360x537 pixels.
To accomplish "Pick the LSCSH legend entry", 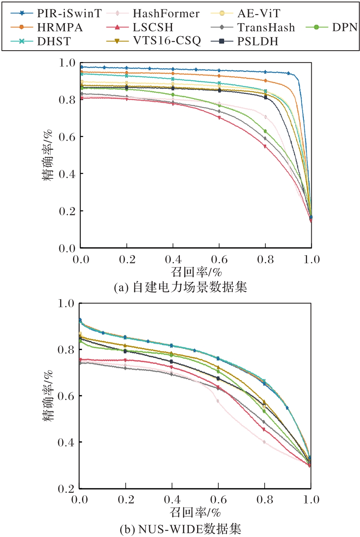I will click(153, 27).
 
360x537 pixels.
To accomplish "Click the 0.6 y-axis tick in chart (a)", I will click(68, 137).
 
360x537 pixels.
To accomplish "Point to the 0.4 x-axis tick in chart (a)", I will click(173, 259).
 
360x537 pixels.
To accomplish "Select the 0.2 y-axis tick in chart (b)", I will click(66, 488).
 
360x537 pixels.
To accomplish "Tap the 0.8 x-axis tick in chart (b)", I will click(265, 500).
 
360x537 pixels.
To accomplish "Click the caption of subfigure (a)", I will click(180, 287).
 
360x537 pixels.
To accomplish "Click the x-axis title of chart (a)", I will click(196, 271).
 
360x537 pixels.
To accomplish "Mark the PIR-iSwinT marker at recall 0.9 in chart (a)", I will click(289, 73).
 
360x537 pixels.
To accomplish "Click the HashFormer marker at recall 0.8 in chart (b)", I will click(264, 442).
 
